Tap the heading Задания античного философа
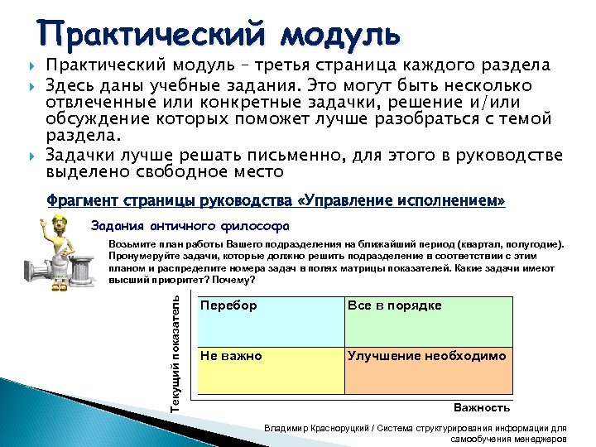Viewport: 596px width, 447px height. [190, 224]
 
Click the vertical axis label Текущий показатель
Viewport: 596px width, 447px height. [175, 351]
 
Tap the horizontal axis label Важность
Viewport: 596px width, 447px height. [482, 407]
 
